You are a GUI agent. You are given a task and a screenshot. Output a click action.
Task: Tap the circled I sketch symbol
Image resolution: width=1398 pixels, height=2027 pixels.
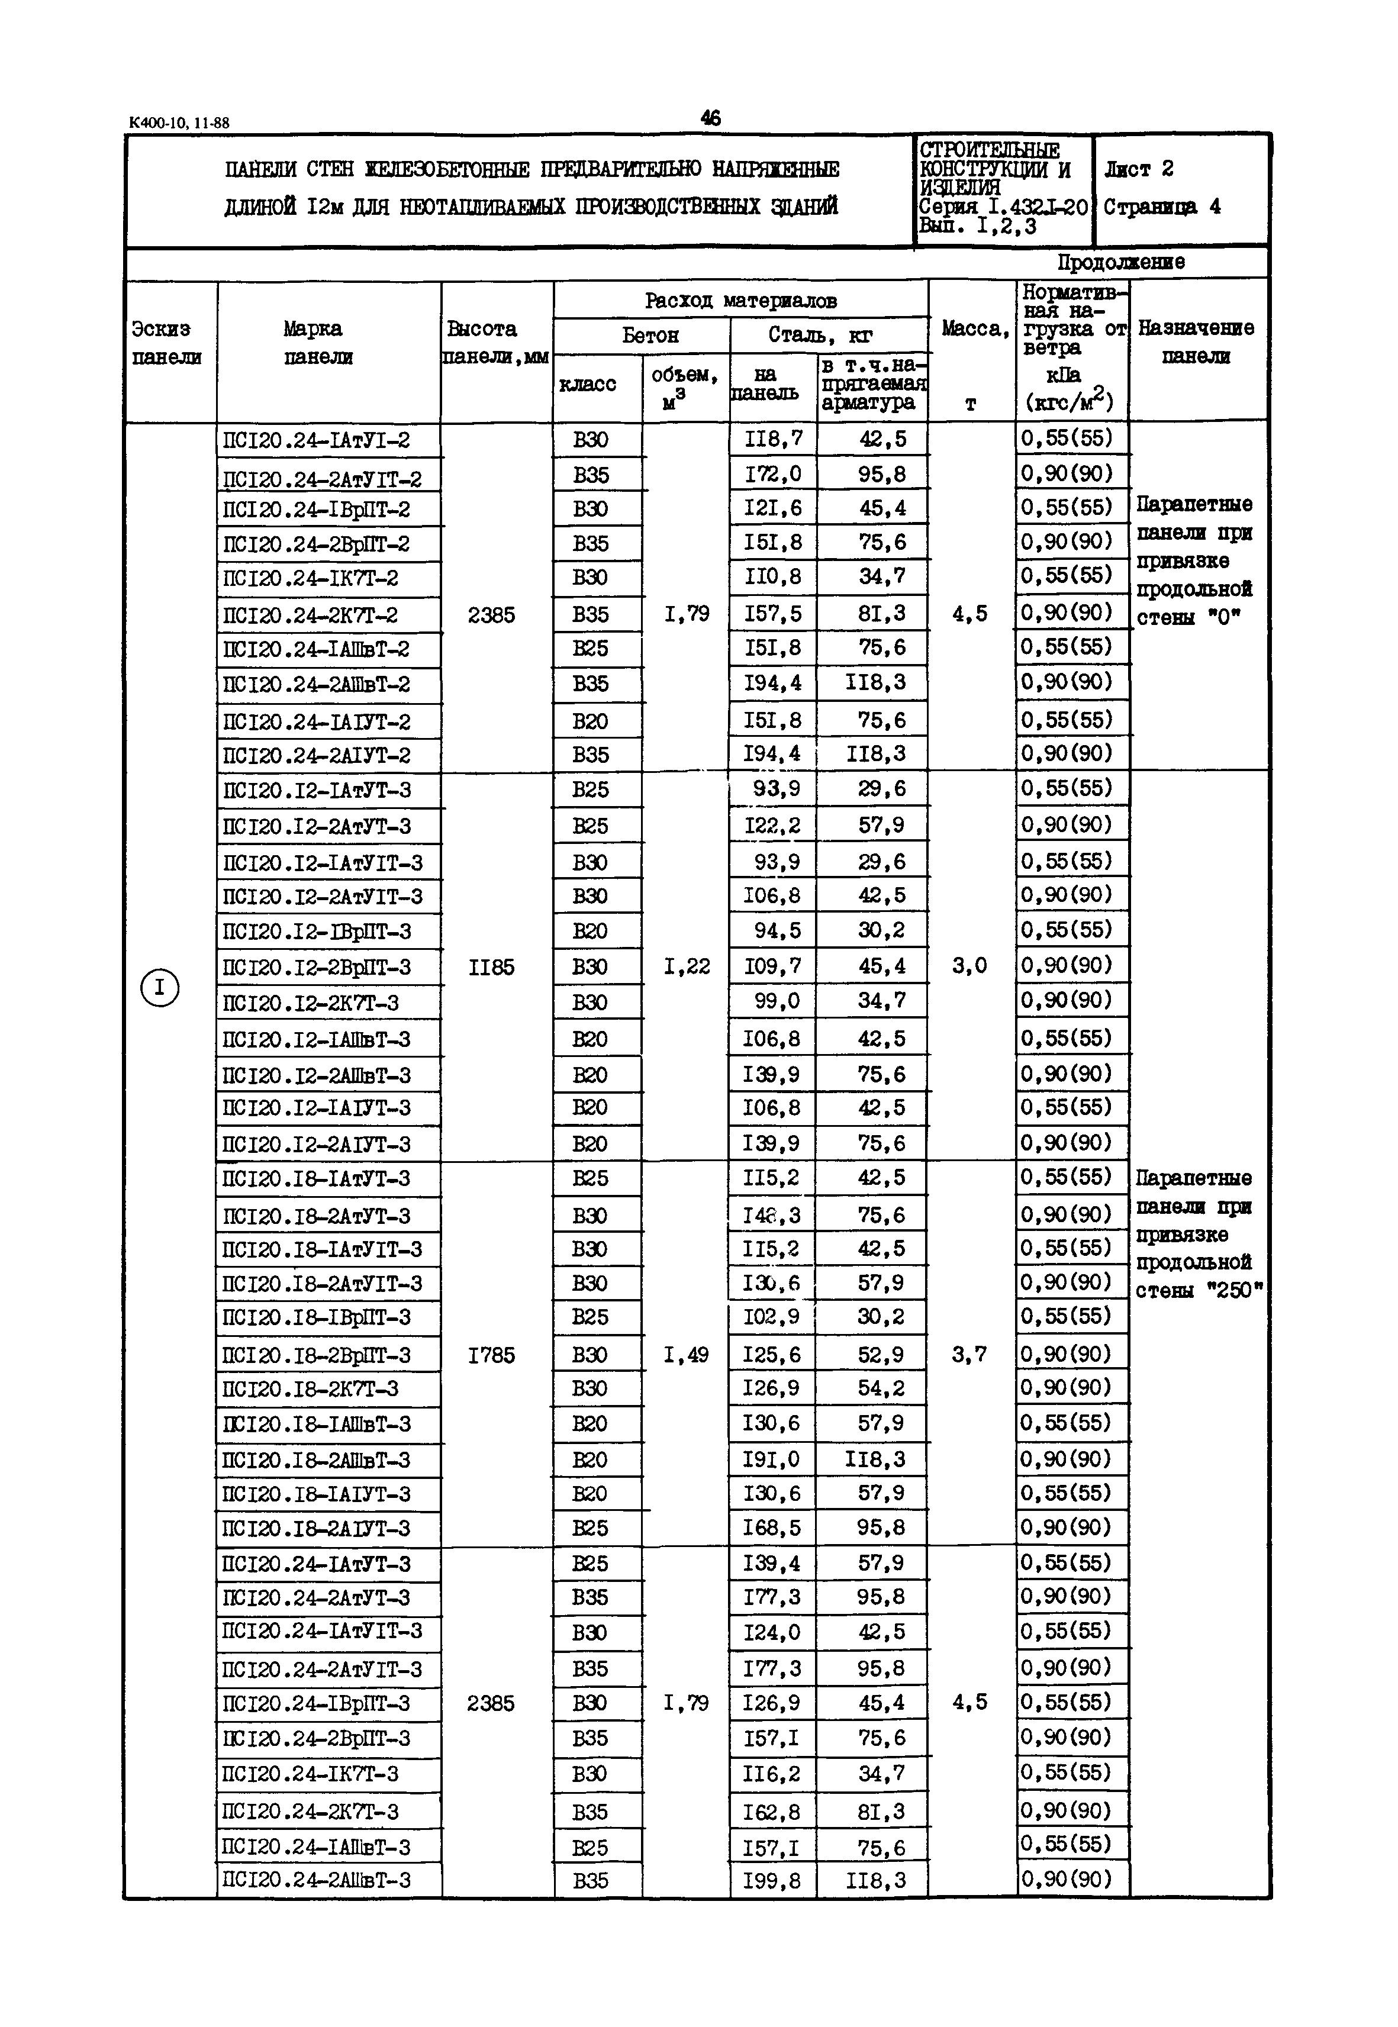coord(159,988)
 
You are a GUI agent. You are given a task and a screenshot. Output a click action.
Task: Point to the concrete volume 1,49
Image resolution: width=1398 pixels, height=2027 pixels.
coord(686,1355)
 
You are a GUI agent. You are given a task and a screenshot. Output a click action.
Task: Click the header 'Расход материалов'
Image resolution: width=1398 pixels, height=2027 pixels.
coord(740,301)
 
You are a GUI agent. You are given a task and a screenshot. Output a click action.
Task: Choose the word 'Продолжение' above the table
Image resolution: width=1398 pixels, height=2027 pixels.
coord(1120,262)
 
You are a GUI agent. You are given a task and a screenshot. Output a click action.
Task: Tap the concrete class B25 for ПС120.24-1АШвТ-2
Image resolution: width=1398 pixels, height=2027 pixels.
coord(590,648)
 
